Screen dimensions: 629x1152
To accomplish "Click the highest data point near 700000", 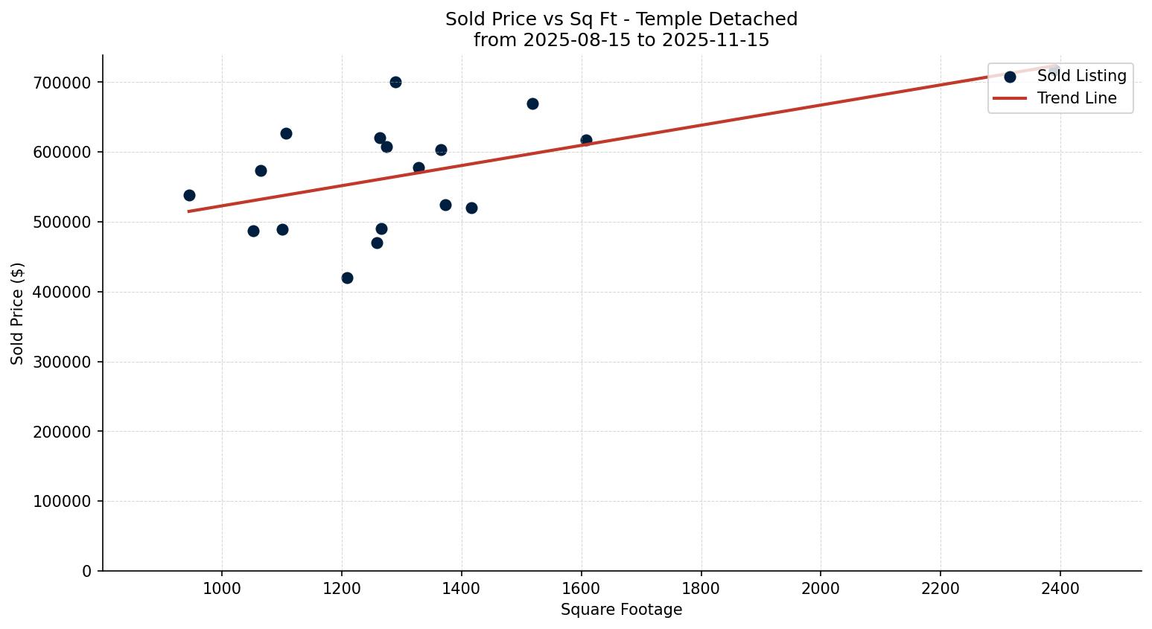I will point(395,82).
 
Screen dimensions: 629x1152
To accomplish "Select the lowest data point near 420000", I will point(347,278).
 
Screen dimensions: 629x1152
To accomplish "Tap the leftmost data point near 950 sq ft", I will point(189,195).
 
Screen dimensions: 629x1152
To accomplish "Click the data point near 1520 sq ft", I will point(532,103).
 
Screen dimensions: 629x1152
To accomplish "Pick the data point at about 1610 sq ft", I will point(586,140).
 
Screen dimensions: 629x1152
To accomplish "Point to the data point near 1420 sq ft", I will point(471,208).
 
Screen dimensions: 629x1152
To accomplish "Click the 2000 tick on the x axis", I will point(821,588).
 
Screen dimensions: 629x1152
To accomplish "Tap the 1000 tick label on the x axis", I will point(222,588).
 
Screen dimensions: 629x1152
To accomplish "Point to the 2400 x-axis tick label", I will point(1060,588).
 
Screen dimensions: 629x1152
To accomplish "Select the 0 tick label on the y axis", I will point(88,571).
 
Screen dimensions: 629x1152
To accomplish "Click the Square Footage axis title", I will point(621,610).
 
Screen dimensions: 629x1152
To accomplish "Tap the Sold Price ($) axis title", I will point(17,313).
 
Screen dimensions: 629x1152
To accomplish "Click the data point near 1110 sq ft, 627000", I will point(286,133).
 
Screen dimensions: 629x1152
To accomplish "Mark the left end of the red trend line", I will point(189,211).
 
